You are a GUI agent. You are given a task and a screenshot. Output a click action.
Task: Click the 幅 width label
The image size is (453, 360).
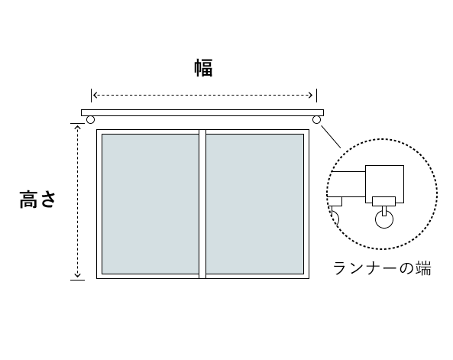tap(203, 68)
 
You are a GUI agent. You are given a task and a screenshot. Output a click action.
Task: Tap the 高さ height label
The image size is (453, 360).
tap(37, 199)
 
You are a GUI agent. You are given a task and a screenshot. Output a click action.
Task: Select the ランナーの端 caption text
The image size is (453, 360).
tap(382, 268)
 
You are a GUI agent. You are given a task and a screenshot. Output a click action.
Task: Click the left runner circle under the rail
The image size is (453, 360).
tap(90, 120)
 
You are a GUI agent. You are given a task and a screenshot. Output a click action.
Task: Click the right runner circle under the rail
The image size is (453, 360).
tap(316, 120)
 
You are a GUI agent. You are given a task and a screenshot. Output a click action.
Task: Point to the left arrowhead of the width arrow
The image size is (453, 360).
tap(95, 95)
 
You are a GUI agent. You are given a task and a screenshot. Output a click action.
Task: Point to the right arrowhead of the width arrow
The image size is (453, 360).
tap(311, 95)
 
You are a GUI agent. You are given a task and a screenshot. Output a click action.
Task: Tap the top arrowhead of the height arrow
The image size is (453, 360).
tap(77, 127)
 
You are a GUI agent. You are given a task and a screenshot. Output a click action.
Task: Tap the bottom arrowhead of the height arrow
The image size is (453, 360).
tap(77, 276)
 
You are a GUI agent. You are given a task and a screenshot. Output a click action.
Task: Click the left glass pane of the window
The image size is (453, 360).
tap(150, 204)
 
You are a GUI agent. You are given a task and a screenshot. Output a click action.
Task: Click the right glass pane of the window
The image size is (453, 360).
tap(255, 204)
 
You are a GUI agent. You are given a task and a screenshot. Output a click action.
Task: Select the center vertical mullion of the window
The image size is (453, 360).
tap(202, 204)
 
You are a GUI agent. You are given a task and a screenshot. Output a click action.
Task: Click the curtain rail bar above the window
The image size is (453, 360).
tap(202, 113)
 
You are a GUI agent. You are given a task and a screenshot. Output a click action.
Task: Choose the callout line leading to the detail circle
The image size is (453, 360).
tap(331, 137)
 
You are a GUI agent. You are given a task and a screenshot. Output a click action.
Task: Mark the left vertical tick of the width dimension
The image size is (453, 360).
tap(92, 96)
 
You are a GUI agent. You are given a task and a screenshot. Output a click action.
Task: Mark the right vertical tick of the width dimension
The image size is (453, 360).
tap(316, 96)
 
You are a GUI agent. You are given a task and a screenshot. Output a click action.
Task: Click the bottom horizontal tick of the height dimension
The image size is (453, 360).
tap(77, 280)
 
